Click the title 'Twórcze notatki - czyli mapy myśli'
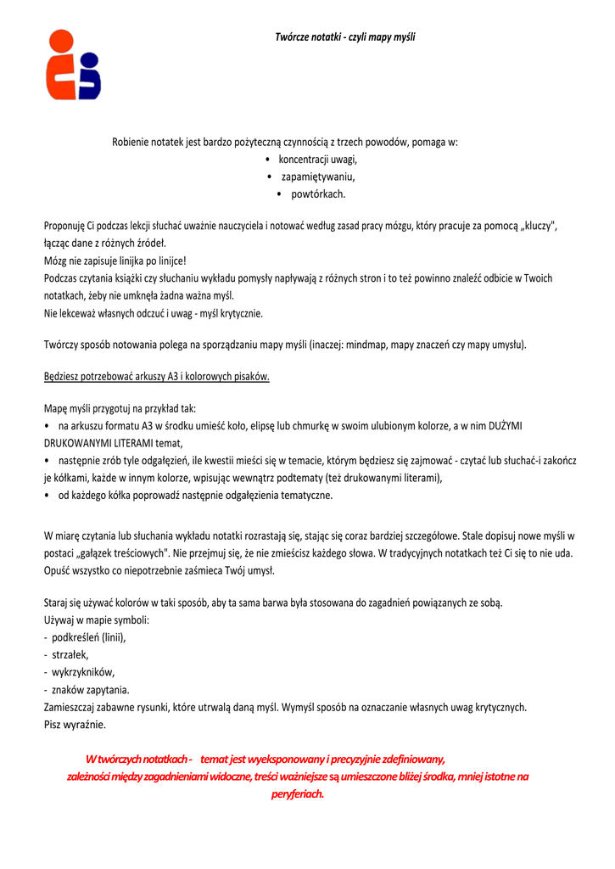(344, 36)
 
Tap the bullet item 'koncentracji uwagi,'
(317, 160)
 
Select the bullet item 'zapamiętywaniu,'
(317, 177)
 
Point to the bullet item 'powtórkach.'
(317, 194)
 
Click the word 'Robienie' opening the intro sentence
(131, 142)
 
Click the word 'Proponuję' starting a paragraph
(65, 226)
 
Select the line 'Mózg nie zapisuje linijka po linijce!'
(115, 261)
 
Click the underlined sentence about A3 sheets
(157, 377)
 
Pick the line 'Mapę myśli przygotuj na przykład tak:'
(120, 408)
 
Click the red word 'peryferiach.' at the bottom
(298, 794)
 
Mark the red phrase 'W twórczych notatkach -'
(139, 759)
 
